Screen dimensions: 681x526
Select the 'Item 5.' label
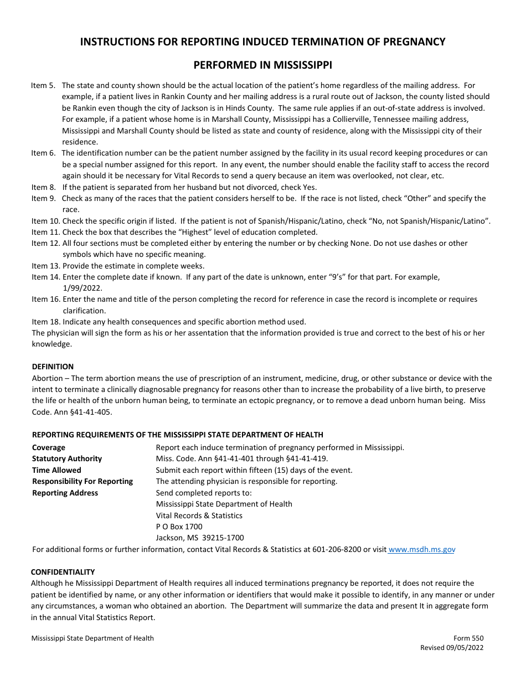coord(43,85)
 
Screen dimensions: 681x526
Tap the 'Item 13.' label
coord(45,266)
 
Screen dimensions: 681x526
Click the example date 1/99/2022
coord(82,288)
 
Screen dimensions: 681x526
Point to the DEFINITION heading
coord(53,367)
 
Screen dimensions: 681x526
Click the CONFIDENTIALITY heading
coord(63,572)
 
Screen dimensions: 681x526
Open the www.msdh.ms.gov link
coord(422,549)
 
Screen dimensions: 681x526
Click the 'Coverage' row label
coord(49,447)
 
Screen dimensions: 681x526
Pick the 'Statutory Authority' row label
coord(67,458)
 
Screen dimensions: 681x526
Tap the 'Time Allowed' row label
coord(56,470)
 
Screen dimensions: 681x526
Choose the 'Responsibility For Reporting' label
coord(82,481)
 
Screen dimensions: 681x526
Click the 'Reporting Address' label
coord(65,493)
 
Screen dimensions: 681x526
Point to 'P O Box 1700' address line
coord(179,527)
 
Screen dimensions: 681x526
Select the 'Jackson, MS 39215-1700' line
coord(200,538)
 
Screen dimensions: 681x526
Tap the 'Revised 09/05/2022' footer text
coord(452,648)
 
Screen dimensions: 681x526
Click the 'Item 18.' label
coord(45,322)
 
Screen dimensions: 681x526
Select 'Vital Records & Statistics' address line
coord(199,515)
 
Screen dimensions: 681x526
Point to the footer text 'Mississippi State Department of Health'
coord(92,638)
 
